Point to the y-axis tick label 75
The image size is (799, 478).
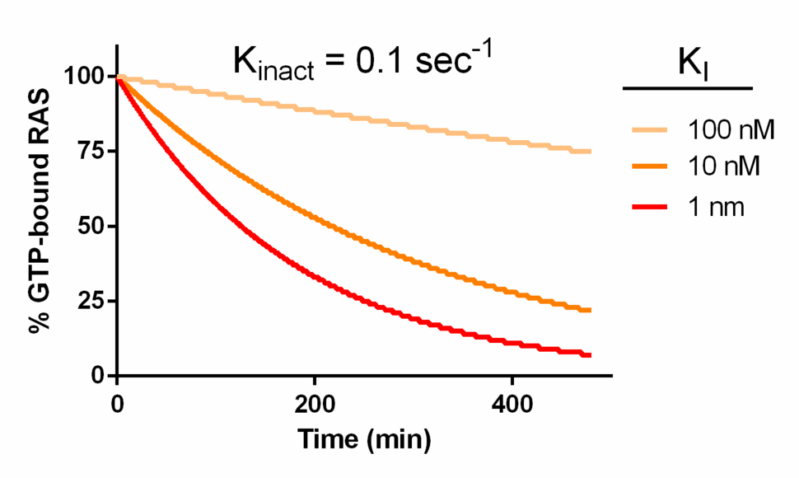(x=92, y=152)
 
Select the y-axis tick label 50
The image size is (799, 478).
(x=92, y=227)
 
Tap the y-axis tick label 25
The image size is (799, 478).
(x=92, y=302)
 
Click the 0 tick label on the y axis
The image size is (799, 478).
(x=100, y=376)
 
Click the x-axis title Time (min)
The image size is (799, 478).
(x=365, y=440)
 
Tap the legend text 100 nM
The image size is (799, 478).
(x=728, y=129)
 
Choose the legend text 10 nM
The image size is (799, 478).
(x=722, y=168)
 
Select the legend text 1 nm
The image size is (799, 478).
(x=715, y=208)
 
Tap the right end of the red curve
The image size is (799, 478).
(x=590, y=355)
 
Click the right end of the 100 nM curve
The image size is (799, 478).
(x=590, y=152)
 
